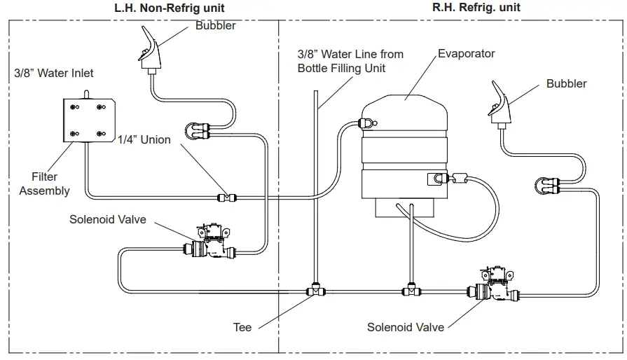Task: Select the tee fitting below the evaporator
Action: coord(409,288)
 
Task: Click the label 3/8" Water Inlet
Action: coord(54,73)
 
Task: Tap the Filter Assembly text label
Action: coord(44,184)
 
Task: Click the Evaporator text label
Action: coord(466,53)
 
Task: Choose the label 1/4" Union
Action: coord(145,139)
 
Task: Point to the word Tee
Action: coord(242,326)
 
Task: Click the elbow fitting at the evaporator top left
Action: coord(366,123)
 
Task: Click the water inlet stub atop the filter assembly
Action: coord(85,94)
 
